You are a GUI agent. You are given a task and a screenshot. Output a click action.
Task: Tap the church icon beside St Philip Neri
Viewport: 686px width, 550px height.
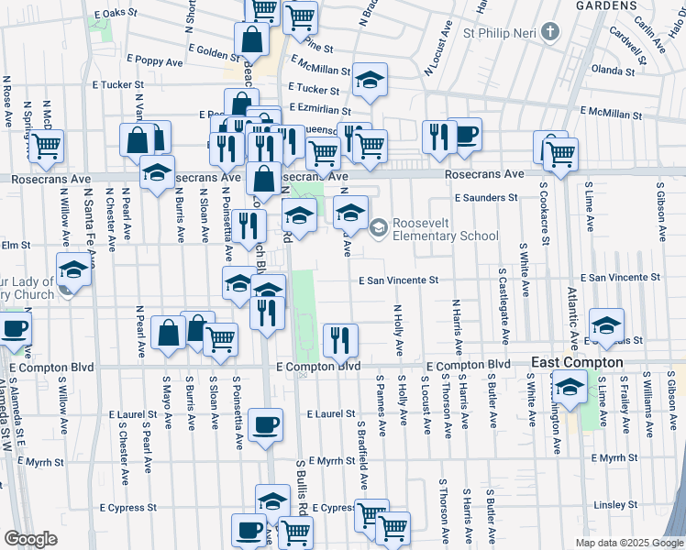[550, 34]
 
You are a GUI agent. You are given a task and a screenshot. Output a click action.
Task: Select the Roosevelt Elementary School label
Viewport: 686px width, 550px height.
[446, 229]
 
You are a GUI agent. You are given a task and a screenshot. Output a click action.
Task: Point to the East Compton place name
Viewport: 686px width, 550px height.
[578, 363]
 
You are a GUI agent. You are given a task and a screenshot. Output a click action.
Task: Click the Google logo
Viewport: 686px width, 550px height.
[30, 539]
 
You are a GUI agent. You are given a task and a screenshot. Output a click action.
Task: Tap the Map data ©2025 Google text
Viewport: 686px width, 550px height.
[629, 543]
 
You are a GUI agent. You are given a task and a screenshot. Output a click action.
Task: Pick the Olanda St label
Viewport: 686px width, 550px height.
[614, 70]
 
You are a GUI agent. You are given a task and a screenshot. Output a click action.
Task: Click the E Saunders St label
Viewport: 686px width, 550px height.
[486, 197]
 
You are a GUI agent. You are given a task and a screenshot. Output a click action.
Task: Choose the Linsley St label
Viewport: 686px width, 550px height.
[615, 505]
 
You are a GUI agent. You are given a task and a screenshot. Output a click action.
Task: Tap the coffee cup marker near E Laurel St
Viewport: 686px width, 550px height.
[266, 425]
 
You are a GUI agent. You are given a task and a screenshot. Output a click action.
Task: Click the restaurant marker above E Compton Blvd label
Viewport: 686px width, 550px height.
[341, 340]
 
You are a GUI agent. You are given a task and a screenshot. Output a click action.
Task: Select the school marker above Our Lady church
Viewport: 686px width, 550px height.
[73, 270]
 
